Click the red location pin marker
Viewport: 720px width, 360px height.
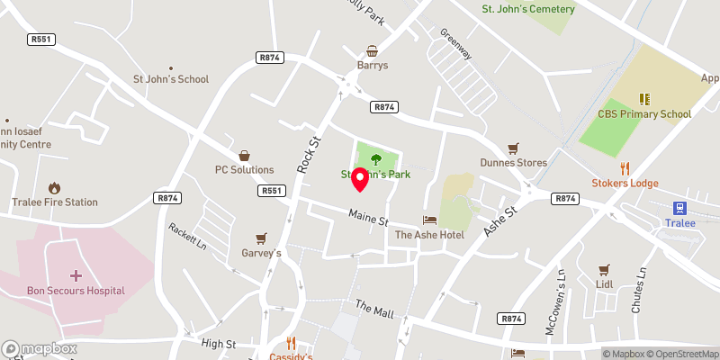click(360, 178)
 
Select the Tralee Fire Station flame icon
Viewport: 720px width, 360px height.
click(54, 188)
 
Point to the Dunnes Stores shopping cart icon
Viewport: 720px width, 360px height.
click(514, 148)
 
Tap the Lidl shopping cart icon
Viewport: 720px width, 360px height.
click(604, 269)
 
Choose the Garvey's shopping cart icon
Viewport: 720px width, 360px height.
click(261, 238)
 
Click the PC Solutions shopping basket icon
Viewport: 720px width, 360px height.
click(244, 155)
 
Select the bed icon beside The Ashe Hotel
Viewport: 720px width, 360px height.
click(429, 220)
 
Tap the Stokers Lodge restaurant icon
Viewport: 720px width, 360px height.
click(625, 168)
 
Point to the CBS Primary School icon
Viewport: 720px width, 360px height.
click(644, 99)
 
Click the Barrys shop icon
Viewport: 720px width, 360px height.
click(371, 51)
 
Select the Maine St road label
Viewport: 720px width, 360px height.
click(368, 217)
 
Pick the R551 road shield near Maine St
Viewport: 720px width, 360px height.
click(271, 191)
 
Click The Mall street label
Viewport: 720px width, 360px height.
click(374, 310)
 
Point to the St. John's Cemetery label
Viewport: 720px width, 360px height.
click(528, 9)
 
